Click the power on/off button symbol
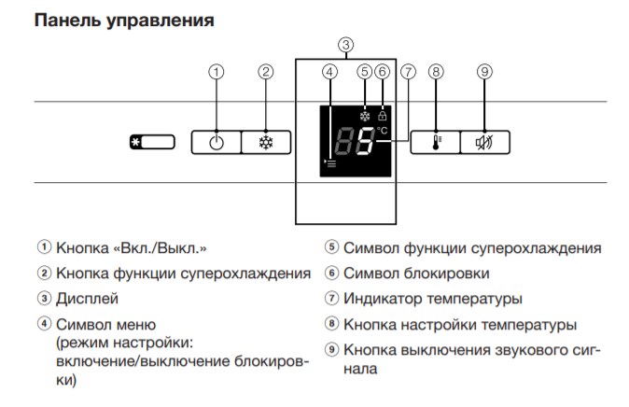217,143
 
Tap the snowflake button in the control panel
266,143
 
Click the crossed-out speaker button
485,143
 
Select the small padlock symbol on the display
383,116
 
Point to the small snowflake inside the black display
365,117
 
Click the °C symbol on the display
383,131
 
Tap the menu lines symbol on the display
330,163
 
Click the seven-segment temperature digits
355,141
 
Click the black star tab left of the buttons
136,142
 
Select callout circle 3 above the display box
346,45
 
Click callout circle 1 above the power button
217,72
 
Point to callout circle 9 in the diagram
484,72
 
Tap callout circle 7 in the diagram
409,72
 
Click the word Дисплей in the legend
87,299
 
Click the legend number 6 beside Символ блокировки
331,273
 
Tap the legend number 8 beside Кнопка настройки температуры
331,324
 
